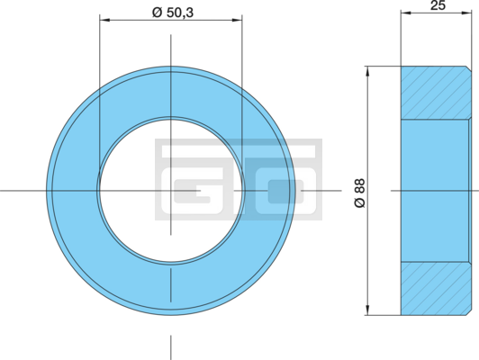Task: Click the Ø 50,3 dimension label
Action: (x=173, y=13)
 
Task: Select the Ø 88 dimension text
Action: (x=360, y=193)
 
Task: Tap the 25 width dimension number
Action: (x=438, y=5)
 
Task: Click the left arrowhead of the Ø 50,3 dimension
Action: (x=104, y=20)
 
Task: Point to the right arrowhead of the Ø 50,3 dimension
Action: (x=237, y=20)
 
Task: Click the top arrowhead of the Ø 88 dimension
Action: (x=367, y=71)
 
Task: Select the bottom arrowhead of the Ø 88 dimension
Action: (x=367, y=310)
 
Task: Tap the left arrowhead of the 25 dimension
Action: (x=406, y=13)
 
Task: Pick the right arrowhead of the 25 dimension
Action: (x=466, y=13)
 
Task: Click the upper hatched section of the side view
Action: (x=436, y=92)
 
